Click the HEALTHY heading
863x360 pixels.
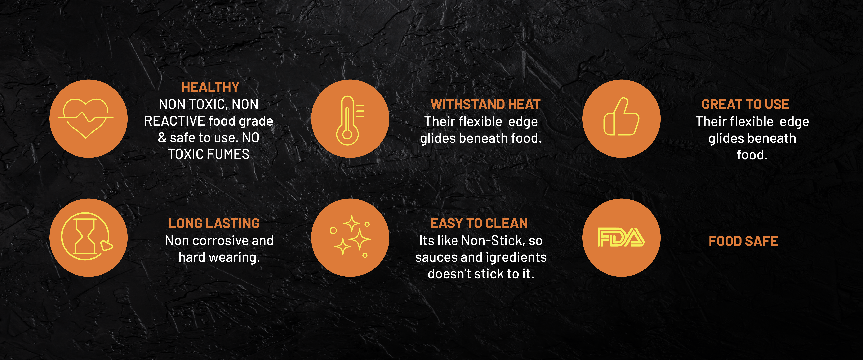click(x=210, y=87)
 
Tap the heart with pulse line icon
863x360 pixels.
click(x=86, y=117)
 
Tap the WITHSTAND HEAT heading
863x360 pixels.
click(x=485, y=104)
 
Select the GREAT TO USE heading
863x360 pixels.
click(x=745, y=104)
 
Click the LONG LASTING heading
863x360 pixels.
click(x=214, y=223)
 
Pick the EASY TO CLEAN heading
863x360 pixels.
click(x=479, y=223)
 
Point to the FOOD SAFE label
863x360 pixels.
click(x=743, y=241)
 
